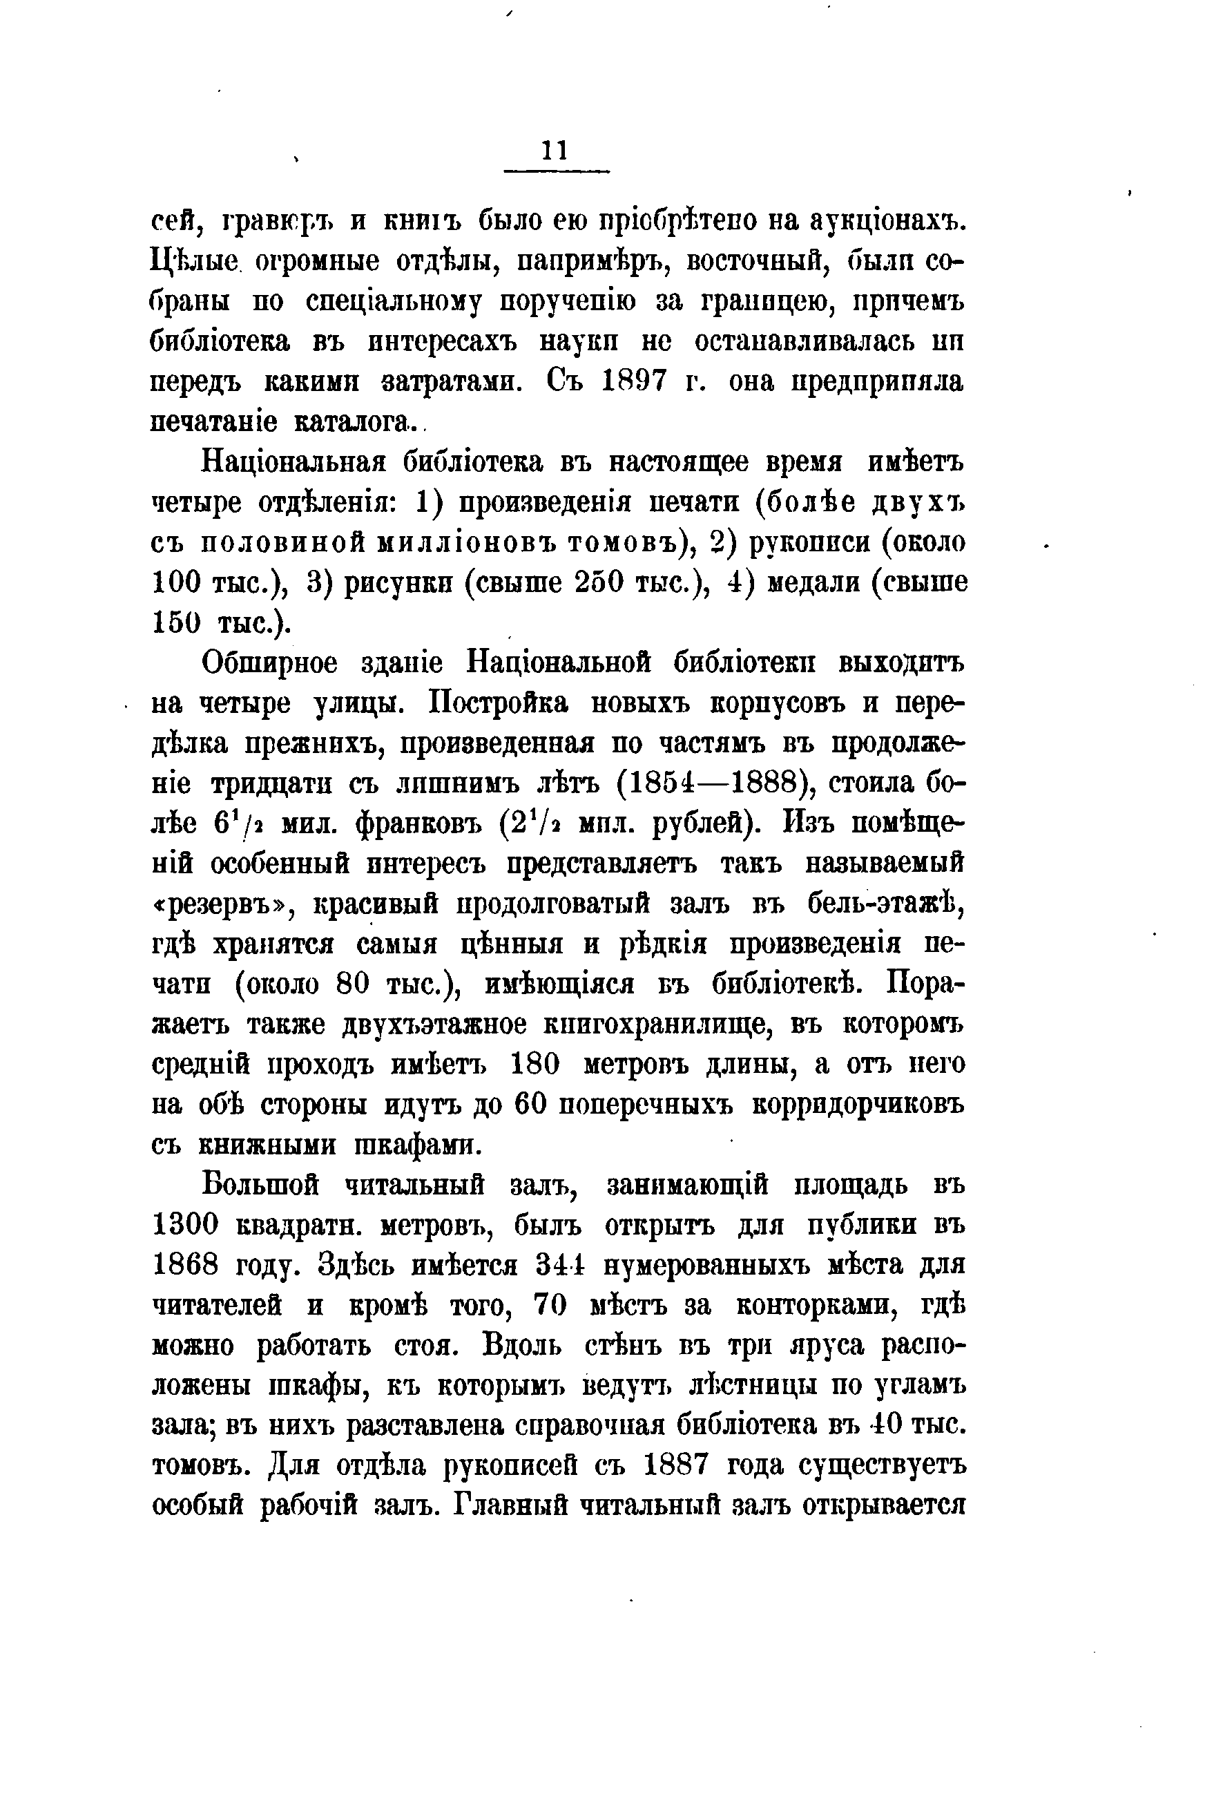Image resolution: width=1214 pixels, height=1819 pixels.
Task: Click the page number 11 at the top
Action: pyautogui.click(x=555, y=149)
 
